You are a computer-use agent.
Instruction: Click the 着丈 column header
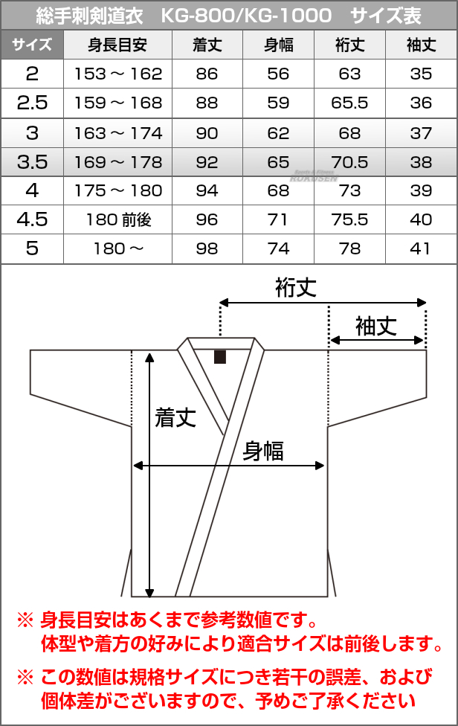pos(207,45)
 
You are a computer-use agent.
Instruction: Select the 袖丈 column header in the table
pos(421,45)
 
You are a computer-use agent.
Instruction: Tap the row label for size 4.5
pos(32,219)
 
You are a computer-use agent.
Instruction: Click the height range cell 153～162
pos(118,74)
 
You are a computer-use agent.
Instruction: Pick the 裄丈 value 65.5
pos(349,103)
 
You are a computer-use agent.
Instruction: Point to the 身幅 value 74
pos(278,248)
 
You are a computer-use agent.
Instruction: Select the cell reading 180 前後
pos(119,219)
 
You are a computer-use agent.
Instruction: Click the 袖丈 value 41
pos(421,248)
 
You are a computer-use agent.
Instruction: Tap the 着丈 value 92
pos(207,162)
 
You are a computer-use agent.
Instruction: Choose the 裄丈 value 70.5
pos(349,162)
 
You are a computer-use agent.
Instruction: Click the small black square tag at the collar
pos(220,356)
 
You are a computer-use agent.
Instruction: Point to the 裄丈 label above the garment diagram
pos(296,287)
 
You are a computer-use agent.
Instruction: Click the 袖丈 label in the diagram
pos(376,326)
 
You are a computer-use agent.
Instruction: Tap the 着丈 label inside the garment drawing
pos(175,417)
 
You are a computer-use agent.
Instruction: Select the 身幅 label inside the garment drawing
pos(263,451)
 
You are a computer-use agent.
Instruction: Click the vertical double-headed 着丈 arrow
pos(149,475)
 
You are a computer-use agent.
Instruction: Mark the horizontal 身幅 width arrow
pos(228,466)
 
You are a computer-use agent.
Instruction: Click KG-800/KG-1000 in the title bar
pos(246,16)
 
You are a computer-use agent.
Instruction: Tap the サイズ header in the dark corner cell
pos(32,45)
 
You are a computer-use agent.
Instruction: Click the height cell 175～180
pos(118,190)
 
